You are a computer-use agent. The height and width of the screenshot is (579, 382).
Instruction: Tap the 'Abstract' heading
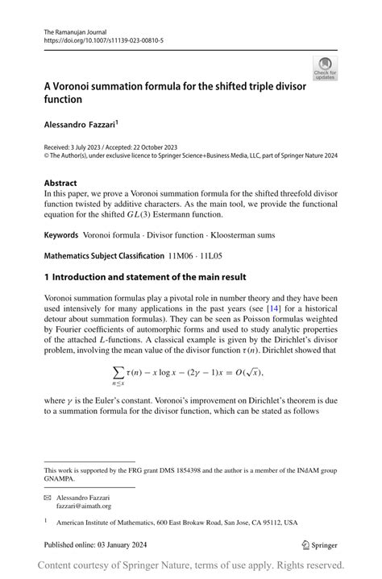61,183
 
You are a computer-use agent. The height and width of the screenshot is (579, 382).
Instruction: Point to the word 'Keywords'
61,235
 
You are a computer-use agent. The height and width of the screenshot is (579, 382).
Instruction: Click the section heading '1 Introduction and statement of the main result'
144,277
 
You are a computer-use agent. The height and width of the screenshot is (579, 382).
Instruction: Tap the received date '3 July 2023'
88,148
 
